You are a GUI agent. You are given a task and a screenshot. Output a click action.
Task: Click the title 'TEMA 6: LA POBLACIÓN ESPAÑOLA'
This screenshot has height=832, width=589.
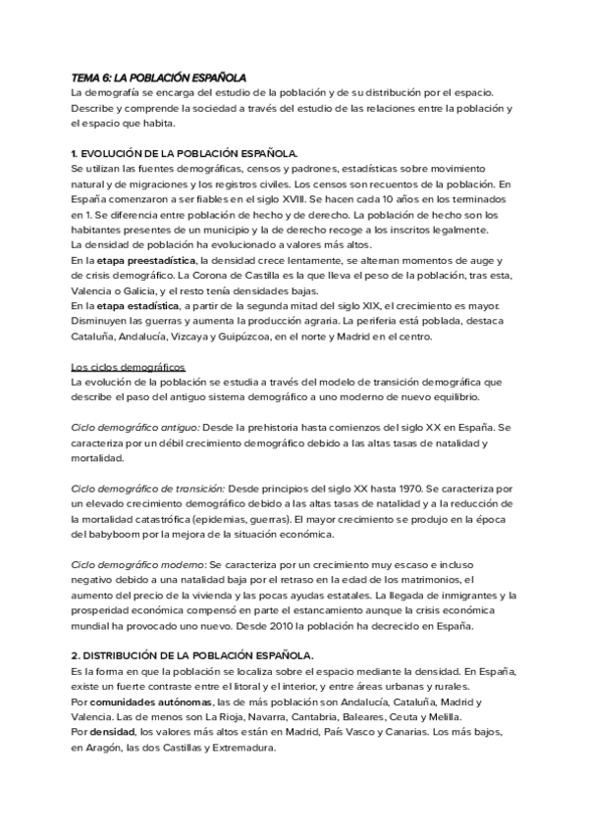tap(159, 77)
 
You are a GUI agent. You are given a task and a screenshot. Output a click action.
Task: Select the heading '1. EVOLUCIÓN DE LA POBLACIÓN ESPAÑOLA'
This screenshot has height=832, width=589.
tap(185, 154)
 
